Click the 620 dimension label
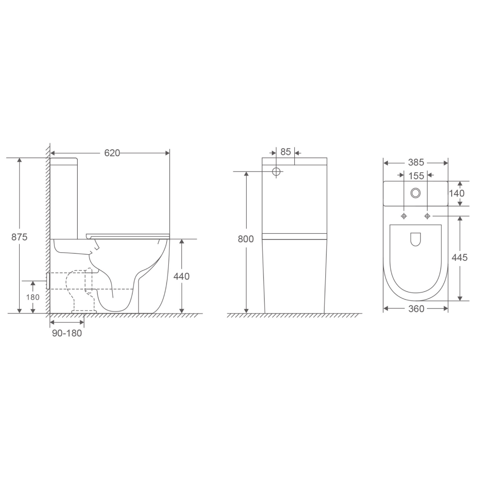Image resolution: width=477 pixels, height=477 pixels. point(112,153)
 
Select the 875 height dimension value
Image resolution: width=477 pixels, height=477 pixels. point(20,237)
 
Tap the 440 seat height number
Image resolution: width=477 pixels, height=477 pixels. point(181,276)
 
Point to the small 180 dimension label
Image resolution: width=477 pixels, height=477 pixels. point(32,297)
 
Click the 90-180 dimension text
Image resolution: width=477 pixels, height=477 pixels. point(67,333)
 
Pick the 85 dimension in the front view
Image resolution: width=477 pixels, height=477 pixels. point(286,152)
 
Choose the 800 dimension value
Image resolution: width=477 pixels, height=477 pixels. point(246,239)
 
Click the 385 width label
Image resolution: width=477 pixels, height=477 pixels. point(416,163)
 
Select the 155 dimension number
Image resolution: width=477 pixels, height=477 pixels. point(416,176)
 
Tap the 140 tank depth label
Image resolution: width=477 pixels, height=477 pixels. point(457,193)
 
